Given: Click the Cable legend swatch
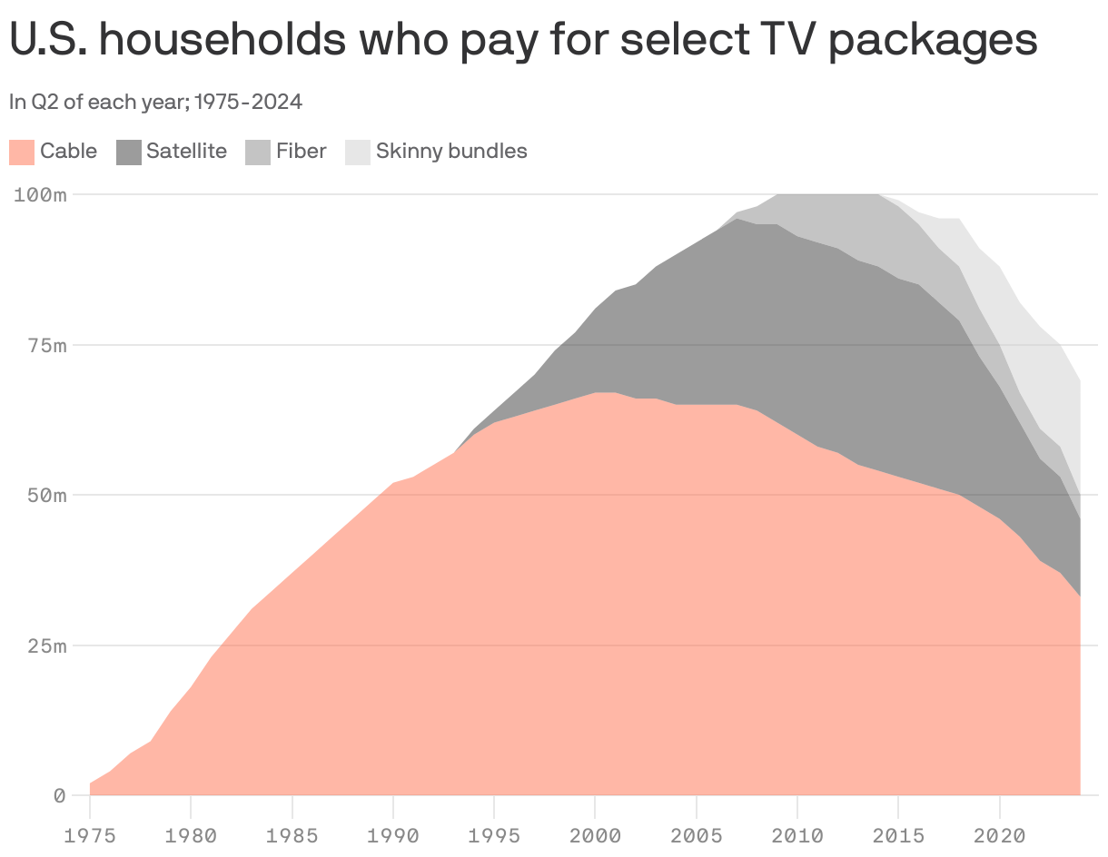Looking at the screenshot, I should coord(22,152).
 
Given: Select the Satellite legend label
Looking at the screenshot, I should coord(186,151).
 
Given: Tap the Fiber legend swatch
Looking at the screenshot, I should coord(258,152).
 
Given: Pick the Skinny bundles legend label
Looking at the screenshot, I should coord(451,151).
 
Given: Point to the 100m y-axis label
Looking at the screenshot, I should coord(41,195).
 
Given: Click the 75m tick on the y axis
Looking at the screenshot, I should coord(46,346).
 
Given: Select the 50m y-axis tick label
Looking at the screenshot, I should coord(46,496).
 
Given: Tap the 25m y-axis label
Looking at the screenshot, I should coord(46,646).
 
